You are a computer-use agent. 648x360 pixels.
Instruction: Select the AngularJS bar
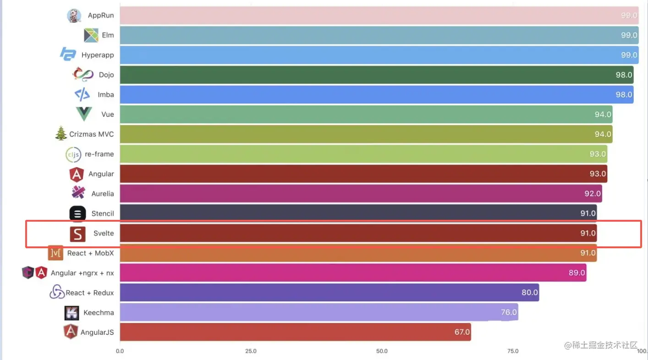point(295,332)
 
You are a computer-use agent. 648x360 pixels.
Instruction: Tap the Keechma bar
point(319,312)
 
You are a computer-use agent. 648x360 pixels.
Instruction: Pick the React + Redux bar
point(329,293)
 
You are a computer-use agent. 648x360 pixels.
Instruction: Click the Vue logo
point(84,114)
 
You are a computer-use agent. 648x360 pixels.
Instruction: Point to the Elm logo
point(91,35)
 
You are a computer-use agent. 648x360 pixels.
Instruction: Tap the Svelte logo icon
point(78,234)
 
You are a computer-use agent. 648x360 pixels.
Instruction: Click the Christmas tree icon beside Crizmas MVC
point(61,134)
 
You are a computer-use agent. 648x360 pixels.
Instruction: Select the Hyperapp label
point(98,55)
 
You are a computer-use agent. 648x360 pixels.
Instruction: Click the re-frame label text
point(99,154)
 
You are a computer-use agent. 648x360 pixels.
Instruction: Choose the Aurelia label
point(103,194)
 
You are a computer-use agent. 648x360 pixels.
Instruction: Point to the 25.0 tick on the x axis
point(251,351)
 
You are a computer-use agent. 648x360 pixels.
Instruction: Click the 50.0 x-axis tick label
point(382,351)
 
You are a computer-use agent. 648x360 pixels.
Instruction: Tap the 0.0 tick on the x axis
point(120,351)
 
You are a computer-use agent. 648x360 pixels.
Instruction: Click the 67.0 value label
point(462,332)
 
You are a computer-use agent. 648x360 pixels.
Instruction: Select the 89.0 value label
point(577,273)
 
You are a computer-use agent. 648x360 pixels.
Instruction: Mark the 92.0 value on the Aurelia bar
point(593,194)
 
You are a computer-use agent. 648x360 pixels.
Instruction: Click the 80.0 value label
point(530,293)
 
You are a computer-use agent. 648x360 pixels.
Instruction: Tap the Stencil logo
point(77,213)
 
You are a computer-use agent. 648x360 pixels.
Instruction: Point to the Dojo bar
point(377,75)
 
